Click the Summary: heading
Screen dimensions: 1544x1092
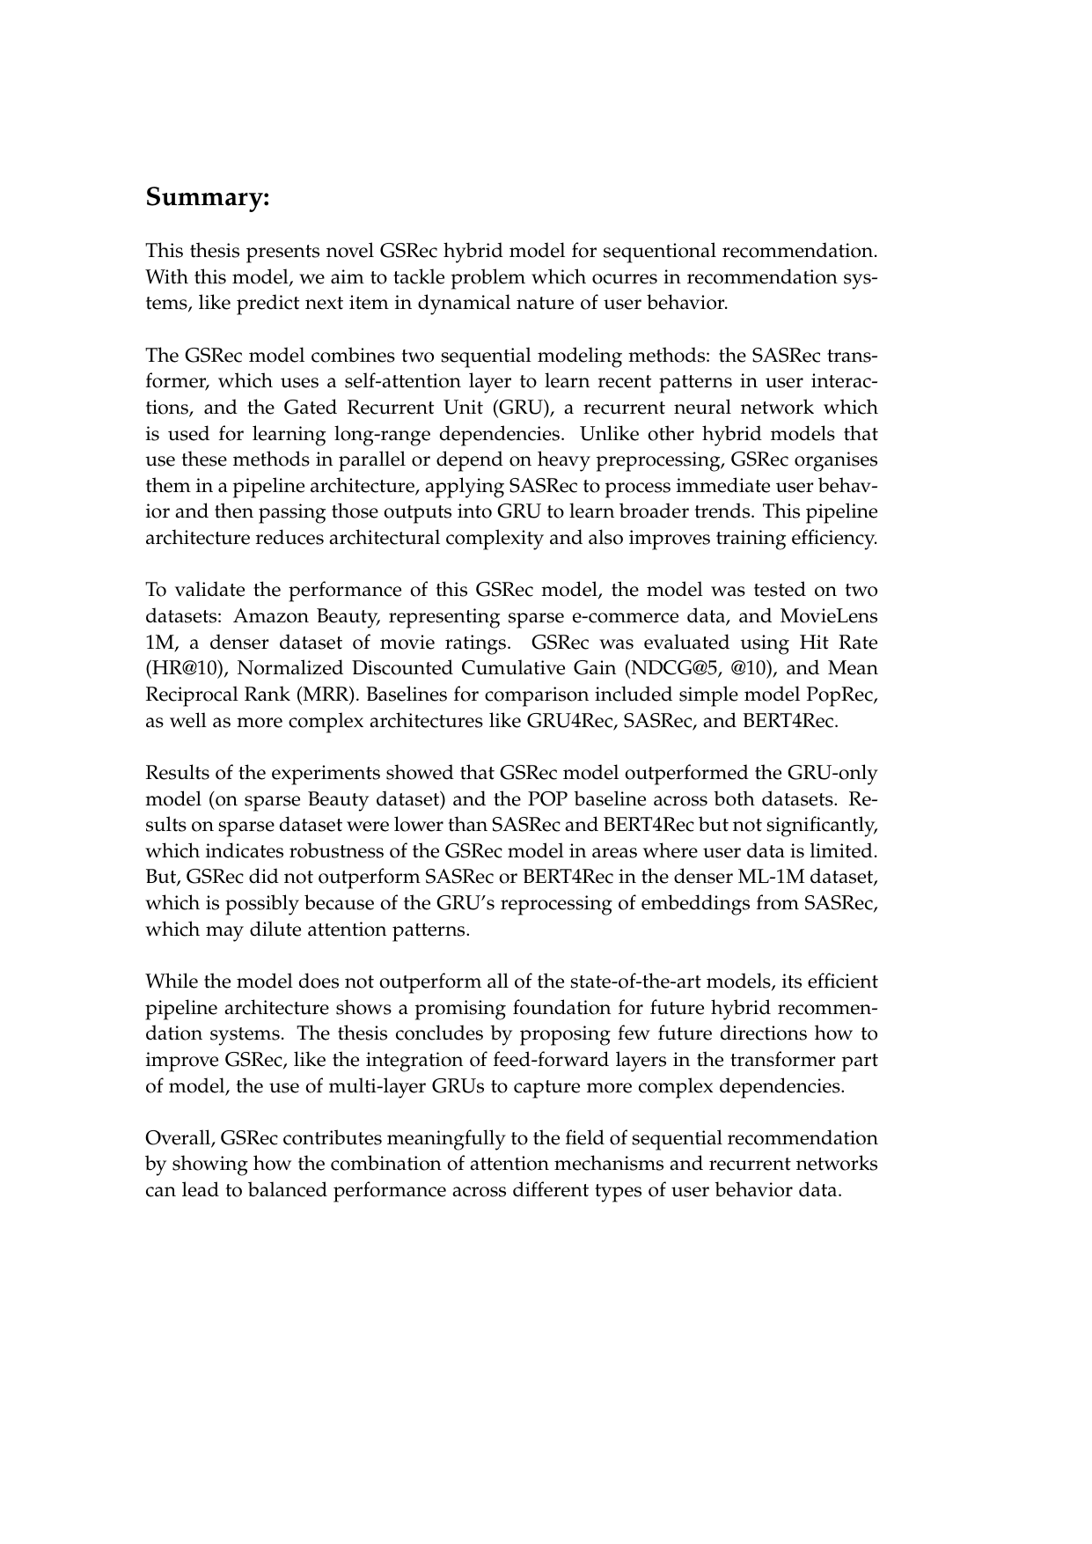[x=206, y=197]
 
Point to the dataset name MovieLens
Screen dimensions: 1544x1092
[x=832, y=616]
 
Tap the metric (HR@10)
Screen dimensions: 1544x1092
[x=180, y=668]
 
